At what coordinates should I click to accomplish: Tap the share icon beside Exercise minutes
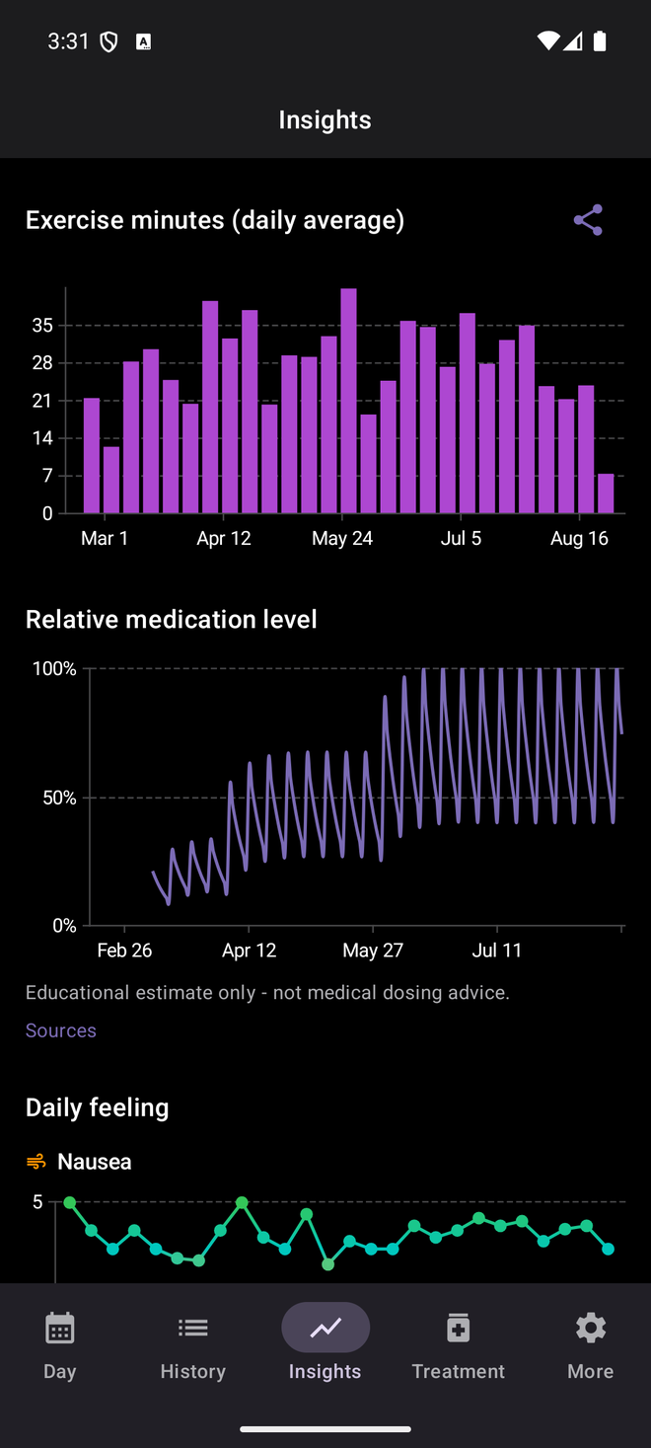pyautogui.click(x=588, y=220)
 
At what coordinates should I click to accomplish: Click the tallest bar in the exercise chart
pyautogui.click(x=349, y=401)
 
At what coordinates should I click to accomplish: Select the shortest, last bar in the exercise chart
pyautogui.click(x=606, y=494)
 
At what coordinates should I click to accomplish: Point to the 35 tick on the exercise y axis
pyautogui.click(x=42, y=325)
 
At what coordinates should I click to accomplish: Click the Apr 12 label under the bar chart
pyautogui.click(x=224, y=539)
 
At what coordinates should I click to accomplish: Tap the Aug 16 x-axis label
pyautogui.click(x=579, y=539)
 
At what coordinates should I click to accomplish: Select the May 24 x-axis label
pyautogui.click(x=342, y=539)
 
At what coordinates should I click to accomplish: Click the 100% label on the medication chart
pyautogui.click(x=54, y=668)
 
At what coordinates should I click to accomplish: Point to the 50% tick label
pyautogui.click(x=59, y=798)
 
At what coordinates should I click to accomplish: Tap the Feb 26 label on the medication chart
pyautogui.click(x=124, y=951)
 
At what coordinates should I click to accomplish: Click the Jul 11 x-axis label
pyautogui.click(x=497, y=951)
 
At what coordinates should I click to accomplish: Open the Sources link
pyautogui.click(x=61, y=1030)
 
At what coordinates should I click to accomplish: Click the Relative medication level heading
pyautogui.click(x=172, y=619)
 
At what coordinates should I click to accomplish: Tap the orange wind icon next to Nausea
pyautogui.click(x=36, y=1162)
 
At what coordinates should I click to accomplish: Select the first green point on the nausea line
pyautogui.click(x=70, y=1202)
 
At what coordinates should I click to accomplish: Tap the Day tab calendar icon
pyautogui.click(x=60, y=1328)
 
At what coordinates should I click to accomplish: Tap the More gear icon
pyautogui.click(x=591, y=1328)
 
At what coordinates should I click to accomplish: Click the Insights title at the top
pyautogui.click(x=325, y=120)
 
